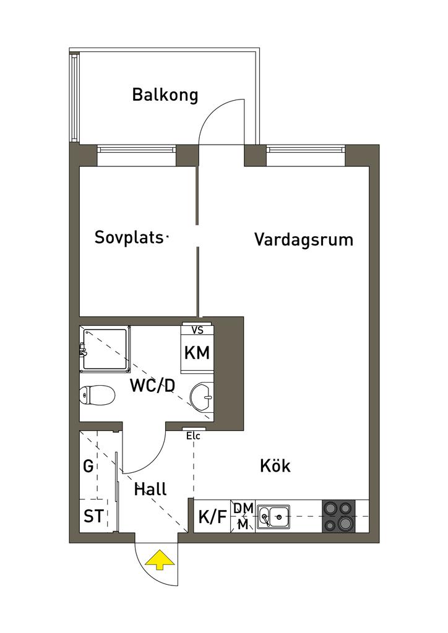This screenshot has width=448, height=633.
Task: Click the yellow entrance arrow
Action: pos(160,560)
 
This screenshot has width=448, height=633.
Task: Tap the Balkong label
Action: pos(165,95)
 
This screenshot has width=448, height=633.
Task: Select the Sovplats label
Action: pos(130,237)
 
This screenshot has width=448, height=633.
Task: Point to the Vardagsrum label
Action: pos(303,240)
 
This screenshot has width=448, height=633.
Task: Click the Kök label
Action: pos(275,465)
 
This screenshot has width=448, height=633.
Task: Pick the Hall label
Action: pos(151,490)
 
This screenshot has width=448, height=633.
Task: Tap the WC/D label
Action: pos(152,386)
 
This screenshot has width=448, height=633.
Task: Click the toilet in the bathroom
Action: pos(98,394)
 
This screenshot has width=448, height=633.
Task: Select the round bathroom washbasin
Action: pos(201,396)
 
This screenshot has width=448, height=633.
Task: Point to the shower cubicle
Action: pos(106,349)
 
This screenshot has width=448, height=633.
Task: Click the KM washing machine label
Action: pos(197,354)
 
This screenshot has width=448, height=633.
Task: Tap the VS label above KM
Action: pos(198,330)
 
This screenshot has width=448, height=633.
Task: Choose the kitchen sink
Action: pos(274,515)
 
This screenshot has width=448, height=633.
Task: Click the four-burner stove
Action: pos(338,516)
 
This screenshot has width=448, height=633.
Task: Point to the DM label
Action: pos(243,508)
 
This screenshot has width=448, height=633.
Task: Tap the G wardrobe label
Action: pos(89,466)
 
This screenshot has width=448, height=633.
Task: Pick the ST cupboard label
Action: pos(93,516)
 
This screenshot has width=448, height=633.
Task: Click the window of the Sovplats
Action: pos(136,149)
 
